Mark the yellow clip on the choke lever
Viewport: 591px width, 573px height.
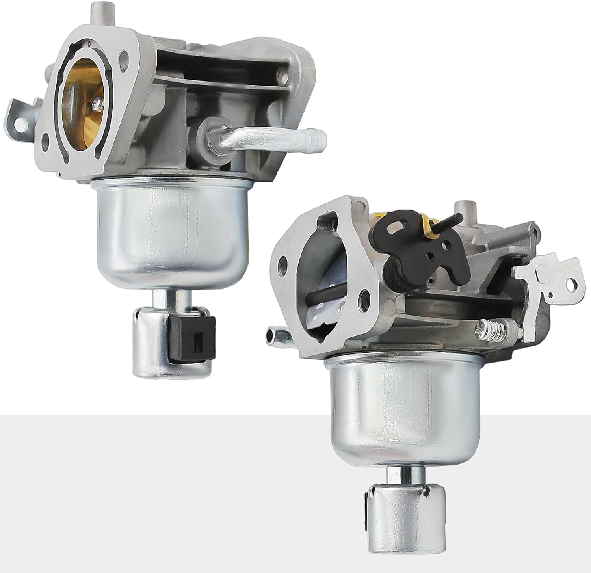coord(427,227)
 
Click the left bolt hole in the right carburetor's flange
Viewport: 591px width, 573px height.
coord(283,261)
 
